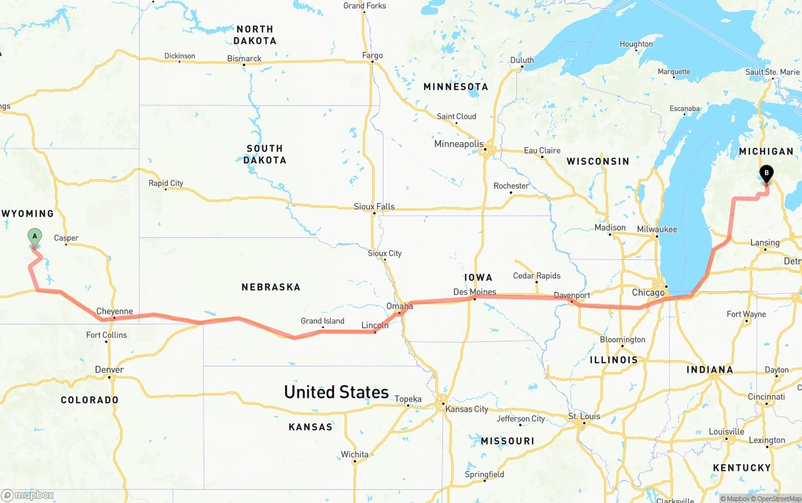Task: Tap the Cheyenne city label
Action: click(x=114, y=311)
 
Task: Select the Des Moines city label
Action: click(x=474, y=292)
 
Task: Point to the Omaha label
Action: click(x=399, y=306)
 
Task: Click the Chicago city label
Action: click(x=648, y=293)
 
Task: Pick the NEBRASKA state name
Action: click(x=271, y=287)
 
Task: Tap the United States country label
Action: click(x=336, y=392)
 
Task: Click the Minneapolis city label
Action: click(x=459, y=144)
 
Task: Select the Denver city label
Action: click(x=109, y=370)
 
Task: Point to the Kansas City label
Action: click(x=466, y=409)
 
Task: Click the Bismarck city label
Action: click(x=244, y=59)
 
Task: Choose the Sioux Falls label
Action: click(x=374, y=206)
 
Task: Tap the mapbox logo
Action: click(x=28, y=495)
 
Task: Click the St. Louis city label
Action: click(x=584, y=416)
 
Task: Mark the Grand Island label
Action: click(x=322, y=321)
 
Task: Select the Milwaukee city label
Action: click(x=657, y=229)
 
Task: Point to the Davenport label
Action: click(x=571, y=295)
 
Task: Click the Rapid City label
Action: click(x=165, y=183)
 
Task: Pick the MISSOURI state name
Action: click(x=508, y=441)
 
